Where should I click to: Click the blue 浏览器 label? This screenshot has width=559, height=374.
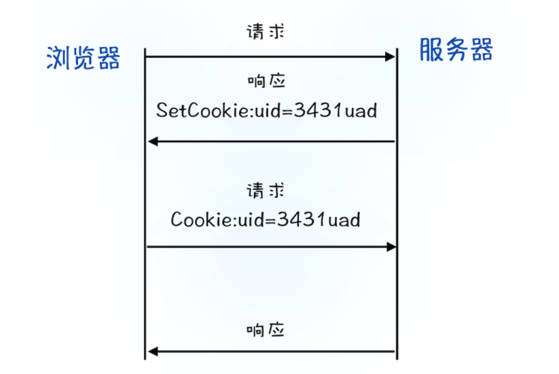(x=83, y=58)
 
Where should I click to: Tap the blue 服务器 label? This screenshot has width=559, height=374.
(x=456, y=50)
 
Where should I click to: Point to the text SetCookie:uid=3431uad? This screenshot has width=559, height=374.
(x=266, y=110)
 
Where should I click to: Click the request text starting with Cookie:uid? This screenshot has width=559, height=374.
(x=265, y=220)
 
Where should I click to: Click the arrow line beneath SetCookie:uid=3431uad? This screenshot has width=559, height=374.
(x=272, y=141)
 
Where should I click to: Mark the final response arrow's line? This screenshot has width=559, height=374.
(x=272, y=352)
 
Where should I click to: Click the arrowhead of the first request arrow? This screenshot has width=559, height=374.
(x=391, y=56)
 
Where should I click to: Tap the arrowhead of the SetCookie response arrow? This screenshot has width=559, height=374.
(x=153, y=141)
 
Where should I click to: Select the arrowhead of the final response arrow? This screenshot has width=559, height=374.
(x=153, y=352)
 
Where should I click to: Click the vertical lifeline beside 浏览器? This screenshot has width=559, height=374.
(x=145, y=204)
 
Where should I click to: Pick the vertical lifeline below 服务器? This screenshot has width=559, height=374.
(x=397, y=204)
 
